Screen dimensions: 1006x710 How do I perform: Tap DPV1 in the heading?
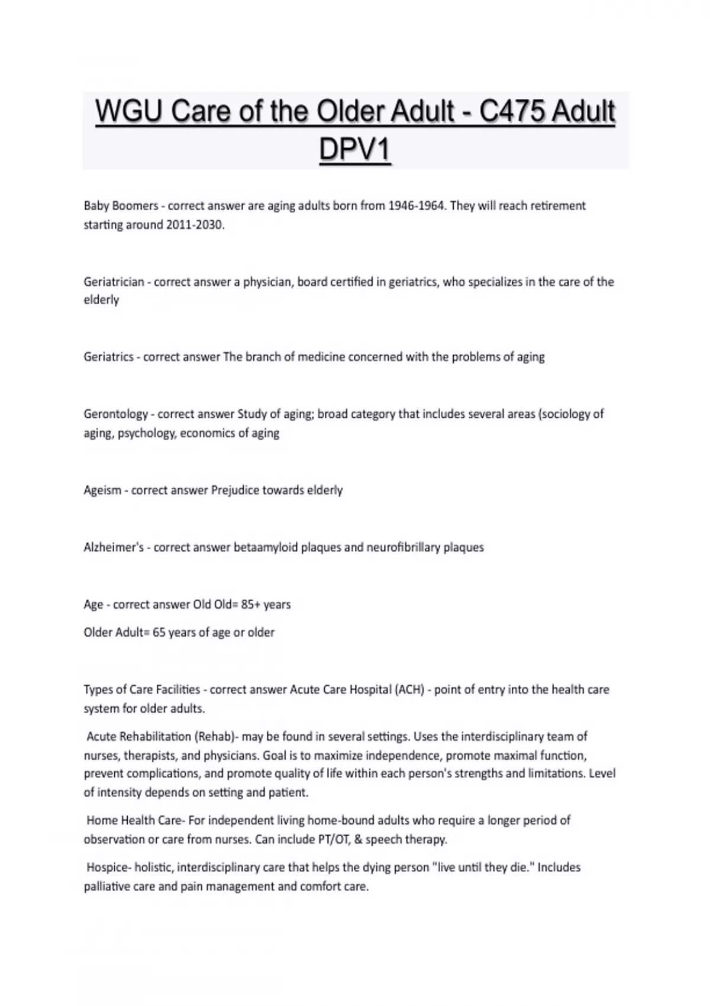click(355, 149)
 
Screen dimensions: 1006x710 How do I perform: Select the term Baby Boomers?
click(121, 206)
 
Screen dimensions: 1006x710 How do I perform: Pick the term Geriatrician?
click(114, 282)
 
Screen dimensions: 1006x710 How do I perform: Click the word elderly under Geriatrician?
click(101, 300)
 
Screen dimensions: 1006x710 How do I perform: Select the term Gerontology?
click(115, 414)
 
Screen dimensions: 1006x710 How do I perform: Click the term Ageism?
click(102, 490)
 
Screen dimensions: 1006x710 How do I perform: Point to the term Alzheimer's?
click(114, 547)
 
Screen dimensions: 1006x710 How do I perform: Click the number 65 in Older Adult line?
click(159, 632)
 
